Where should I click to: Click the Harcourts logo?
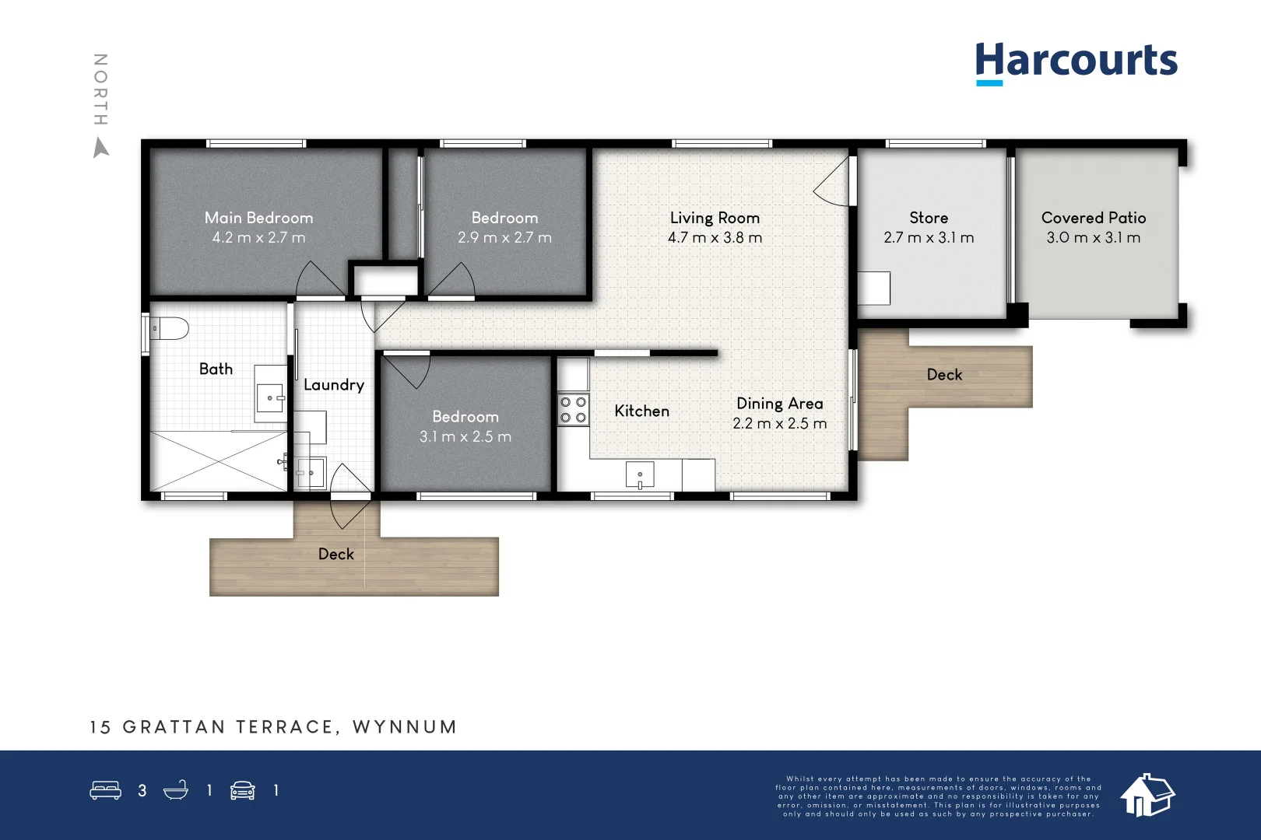[x=1076, y=61]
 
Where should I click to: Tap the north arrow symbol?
[x=100, y=147]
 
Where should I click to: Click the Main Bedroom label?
[x=258, y=218]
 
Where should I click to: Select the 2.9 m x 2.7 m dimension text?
[x=504, y=238]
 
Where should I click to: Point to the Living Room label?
[x=715, y=218]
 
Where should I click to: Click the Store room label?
[x=929, y=218]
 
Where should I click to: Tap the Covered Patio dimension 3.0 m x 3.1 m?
[x=1093, y=238]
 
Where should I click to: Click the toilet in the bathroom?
[x=169, y=329]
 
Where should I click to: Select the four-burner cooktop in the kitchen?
[x=574, y=410]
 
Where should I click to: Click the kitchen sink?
[x=640, y=474]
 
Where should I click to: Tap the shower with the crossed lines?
[x=219, y=461]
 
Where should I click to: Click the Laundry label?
[x=334, y=385]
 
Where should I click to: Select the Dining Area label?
[x=779, y=404]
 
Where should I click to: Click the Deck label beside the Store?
[x=944, y=375]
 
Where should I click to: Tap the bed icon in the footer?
[x=105, y=791]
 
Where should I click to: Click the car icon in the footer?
[x=243, y=791]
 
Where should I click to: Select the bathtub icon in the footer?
[x=176, y=791]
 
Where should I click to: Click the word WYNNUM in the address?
[x=405, y=727]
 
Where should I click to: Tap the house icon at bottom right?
[x=1147, y=795]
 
